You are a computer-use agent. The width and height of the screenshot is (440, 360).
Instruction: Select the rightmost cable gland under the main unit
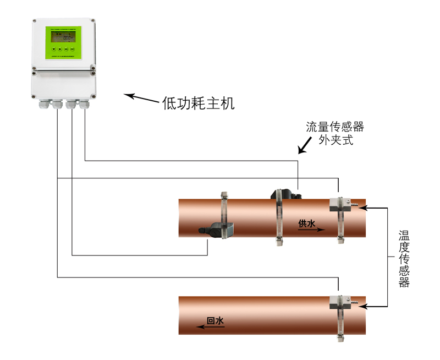coord(84,103)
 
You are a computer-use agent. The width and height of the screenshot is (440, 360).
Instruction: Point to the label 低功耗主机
coord(199,103)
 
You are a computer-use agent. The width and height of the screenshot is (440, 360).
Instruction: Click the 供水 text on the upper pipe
coord(307,223)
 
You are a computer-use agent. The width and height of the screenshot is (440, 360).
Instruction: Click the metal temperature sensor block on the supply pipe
coord(340,204)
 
